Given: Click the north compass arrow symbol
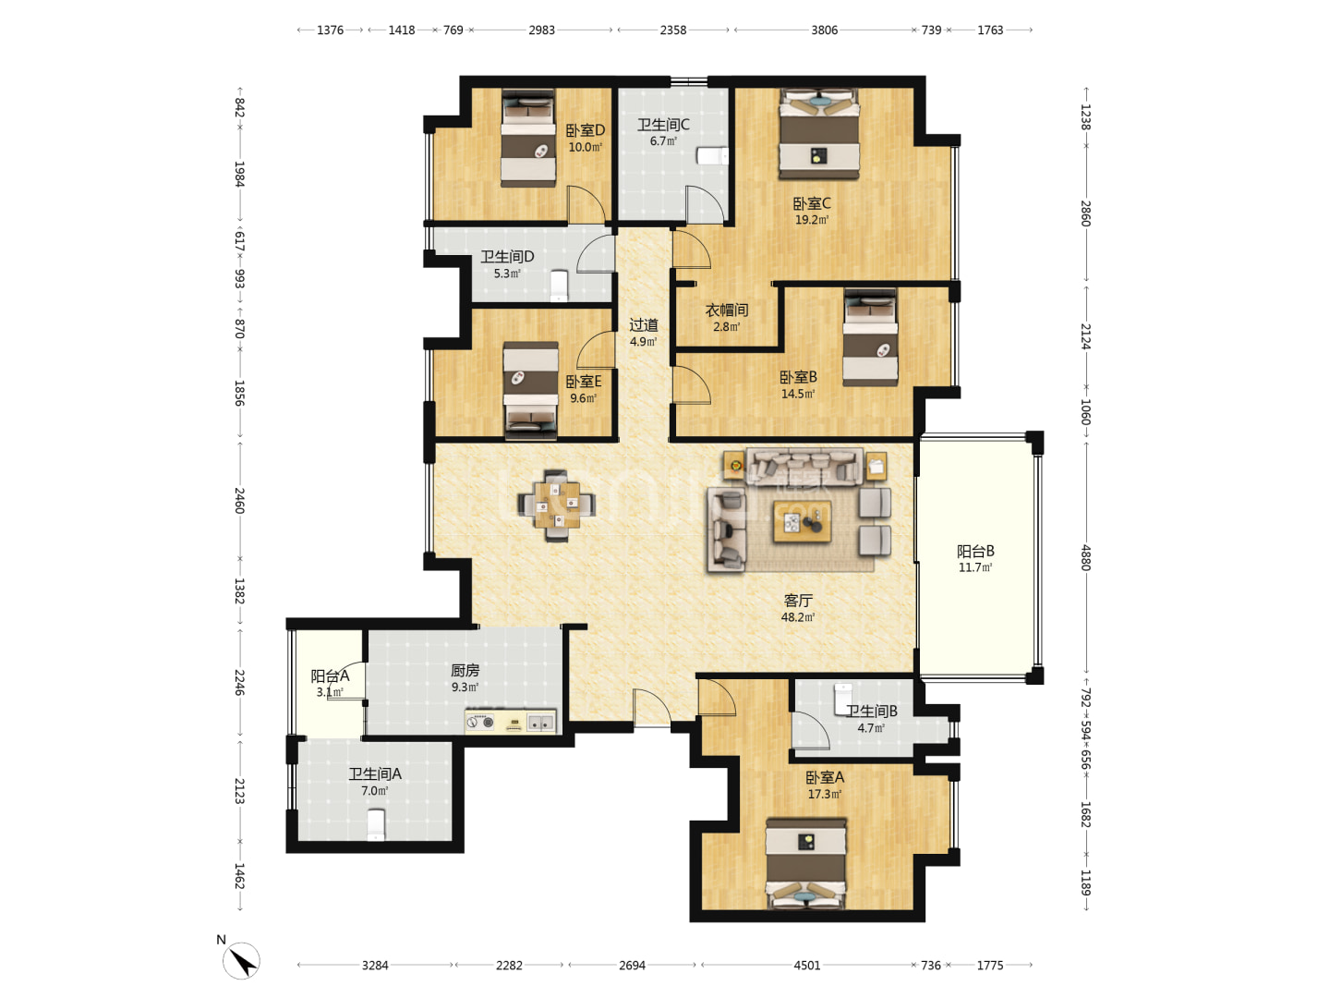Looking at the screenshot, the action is click(x=241, y=960).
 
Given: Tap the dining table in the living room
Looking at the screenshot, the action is click(x=556, y=505).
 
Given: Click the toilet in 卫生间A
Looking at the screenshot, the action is click(x=376, y=824).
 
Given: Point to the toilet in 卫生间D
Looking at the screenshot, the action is click(x=559, y=286).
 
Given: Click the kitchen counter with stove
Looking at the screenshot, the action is click(x=510, y=722).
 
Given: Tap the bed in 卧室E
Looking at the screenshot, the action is click(x=531, y=390).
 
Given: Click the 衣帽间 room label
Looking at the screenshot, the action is click(x=727, y=310).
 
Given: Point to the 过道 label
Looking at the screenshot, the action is click(x=643, y=325).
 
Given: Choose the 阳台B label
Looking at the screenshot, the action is click(x=975, y=551).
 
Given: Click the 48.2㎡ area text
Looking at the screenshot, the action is click(x=797, y=617).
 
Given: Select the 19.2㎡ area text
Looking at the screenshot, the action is click(x=811, y=220).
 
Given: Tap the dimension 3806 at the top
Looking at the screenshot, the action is click(x=824, y=30).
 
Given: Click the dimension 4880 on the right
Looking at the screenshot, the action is click(x=1086, y=557).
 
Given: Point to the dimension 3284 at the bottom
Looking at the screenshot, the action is click(x=374, y=966).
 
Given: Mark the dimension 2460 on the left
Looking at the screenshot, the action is click(x=240, y=501).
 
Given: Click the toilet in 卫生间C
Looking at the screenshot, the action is click(x=712, y=156).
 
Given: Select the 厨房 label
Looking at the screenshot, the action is click(x=465, y=670).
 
